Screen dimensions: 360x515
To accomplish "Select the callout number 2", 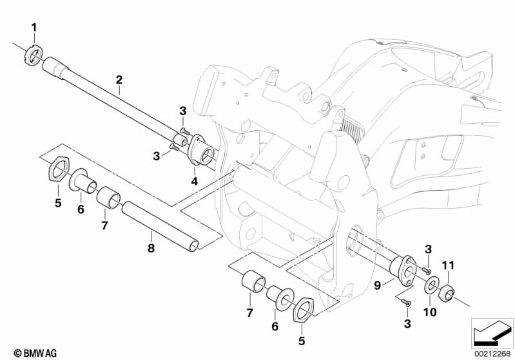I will click(x=119, y=80).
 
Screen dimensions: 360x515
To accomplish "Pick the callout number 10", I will click(x=430, y=312).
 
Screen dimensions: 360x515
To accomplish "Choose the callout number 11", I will click(x=449, y=265).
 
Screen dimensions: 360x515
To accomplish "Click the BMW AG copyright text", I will click(x=23, y=352).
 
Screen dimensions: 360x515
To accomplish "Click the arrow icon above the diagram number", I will click(x=492, y=331).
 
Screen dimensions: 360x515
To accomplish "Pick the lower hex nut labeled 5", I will click(x=304, y=311).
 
